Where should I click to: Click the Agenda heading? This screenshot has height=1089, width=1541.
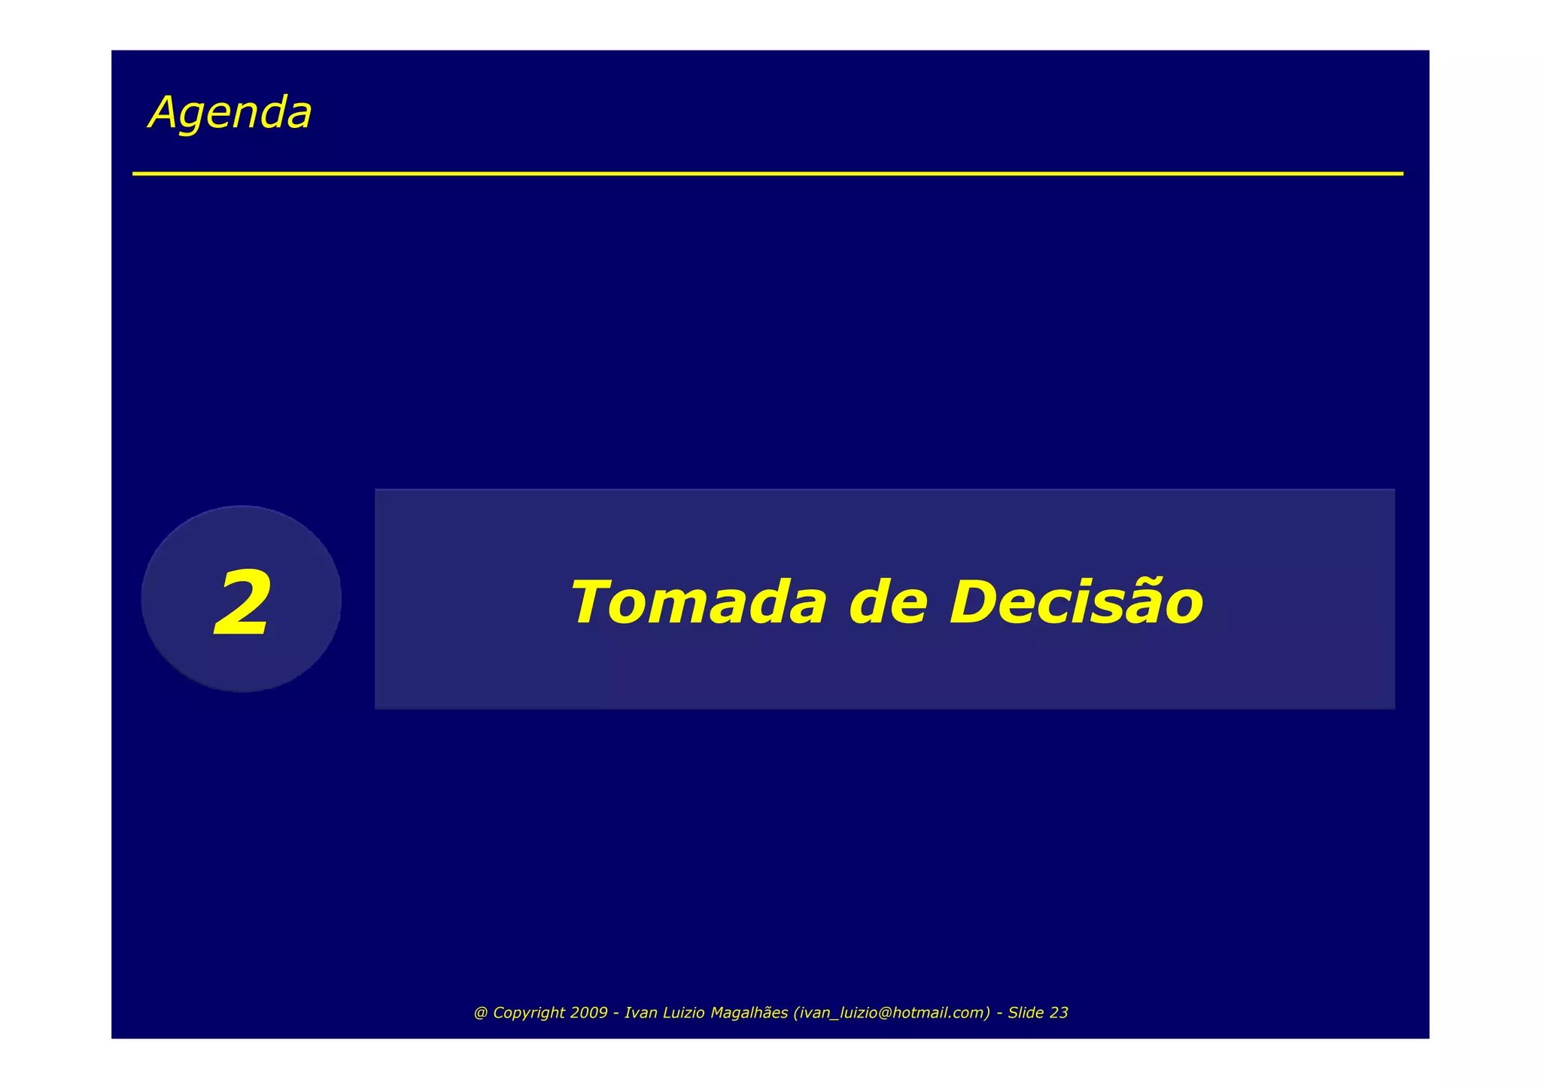[230, 113]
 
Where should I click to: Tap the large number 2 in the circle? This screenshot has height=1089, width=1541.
[242, 604]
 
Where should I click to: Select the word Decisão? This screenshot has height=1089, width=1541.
[1076, 602]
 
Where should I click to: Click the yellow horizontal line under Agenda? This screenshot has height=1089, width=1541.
[767, 174]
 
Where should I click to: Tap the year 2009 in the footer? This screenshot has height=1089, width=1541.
[588, 1013]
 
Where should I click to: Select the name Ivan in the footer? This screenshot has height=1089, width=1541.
[641, 1013]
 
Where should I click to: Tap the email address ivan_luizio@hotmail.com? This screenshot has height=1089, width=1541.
[892, 1013]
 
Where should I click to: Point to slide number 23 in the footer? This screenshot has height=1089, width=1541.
[1059, 1013]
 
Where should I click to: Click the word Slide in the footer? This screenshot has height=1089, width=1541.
[1026, 1013]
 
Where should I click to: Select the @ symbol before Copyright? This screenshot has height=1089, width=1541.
[480, 1013]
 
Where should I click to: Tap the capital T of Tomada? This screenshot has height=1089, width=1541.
[591, 602]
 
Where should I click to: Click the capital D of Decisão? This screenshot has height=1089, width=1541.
[972, 602]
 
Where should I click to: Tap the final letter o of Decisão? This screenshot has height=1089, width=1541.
[1184, 607]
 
